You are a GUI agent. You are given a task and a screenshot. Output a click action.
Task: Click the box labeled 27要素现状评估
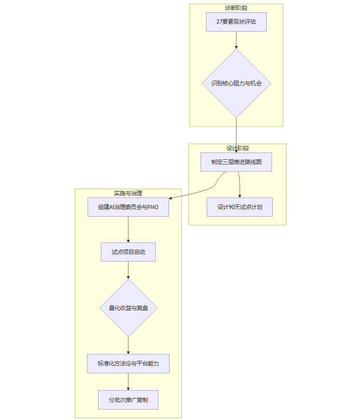(236, 22)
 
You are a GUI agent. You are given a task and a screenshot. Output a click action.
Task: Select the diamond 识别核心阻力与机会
(236, 83)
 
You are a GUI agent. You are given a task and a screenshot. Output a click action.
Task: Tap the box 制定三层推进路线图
(236, 162)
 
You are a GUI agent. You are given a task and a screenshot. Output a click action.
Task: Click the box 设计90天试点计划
(239, 207)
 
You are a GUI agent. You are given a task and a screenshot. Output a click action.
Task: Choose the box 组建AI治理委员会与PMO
(128, 207)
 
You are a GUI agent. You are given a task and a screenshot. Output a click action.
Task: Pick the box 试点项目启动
(128, 252)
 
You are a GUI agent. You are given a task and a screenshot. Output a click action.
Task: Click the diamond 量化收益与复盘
(128, 308)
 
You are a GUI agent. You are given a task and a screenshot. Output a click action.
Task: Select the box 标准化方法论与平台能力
(128, 363)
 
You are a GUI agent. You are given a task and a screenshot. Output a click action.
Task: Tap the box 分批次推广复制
(128, 400)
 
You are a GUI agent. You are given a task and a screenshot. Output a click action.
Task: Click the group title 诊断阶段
(236, 8)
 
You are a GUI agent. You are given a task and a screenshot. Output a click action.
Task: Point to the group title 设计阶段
(237, 148)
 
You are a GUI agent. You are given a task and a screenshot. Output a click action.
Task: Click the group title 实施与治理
(128, 193)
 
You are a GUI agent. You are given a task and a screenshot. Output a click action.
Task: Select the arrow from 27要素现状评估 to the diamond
(236, 40)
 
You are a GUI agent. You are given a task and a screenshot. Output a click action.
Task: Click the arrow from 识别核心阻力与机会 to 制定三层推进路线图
(236, 135)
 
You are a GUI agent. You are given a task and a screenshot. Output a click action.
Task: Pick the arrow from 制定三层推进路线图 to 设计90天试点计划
(239, 185)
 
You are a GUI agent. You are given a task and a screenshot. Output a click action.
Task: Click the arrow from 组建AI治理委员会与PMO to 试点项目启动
(128, 229)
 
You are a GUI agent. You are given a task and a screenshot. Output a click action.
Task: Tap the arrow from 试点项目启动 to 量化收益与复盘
(128, 270)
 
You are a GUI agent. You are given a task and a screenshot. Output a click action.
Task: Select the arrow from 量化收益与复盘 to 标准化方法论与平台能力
(128, 345)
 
